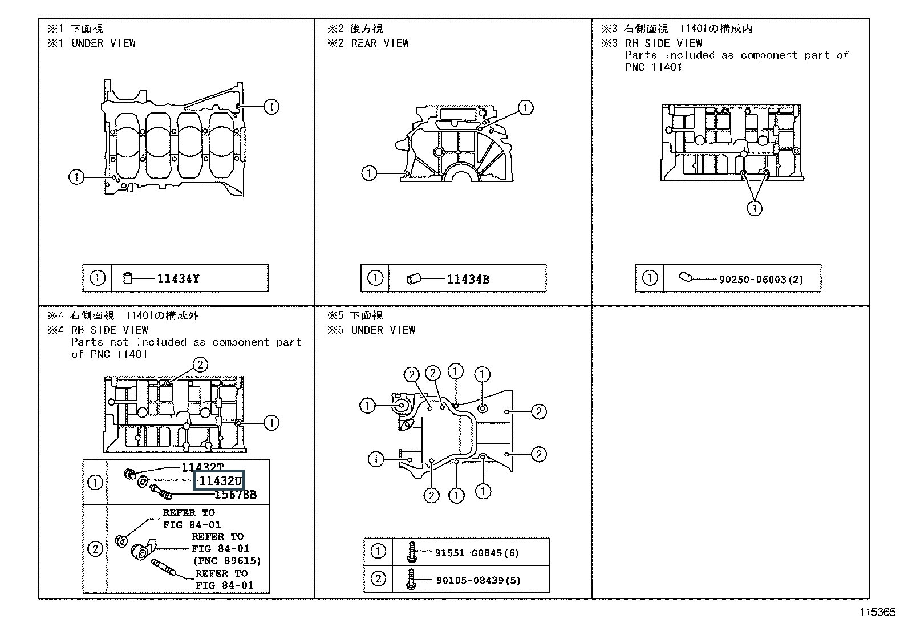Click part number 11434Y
179,279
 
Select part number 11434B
468,280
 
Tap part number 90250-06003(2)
761,280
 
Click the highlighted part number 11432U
220,481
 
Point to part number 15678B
235,495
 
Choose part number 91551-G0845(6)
477,553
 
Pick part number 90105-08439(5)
478,581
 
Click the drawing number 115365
878,612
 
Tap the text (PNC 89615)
226,560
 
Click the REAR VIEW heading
380,43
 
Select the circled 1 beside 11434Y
98,278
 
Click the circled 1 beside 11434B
375,278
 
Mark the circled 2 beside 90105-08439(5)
378,579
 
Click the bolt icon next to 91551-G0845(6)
411,552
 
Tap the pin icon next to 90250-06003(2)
685,278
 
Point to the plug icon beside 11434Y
128,278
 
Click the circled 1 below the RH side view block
755,209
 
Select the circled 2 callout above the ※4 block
200,365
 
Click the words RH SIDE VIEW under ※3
663,43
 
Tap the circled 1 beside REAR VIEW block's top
525,107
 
